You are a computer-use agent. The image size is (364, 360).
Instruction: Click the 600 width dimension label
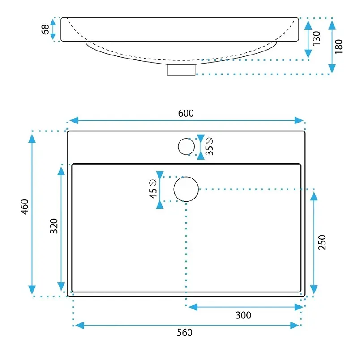click(x=186, y=113)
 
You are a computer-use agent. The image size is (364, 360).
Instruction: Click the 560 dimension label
click(x=184, y=332)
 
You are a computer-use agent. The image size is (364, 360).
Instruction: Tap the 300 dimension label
click(x=243, y=315)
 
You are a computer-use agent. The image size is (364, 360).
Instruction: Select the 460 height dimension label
click(x=24, y=207)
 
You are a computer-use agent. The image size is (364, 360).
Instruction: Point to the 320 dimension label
click(x=54, y=226)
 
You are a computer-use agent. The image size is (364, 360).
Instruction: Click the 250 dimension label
click(x=322, y=242)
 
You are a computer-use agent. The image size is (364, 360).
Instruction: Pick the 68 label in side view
click(x=45, y=30)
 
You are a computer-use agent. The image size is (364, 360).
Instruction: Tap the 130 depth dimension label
click(x=317, y=38)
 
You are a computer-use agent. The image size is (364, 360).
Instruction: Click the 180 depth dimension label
click(x=338, y=47)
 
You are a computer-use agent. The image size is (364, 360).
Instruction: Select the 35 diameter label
click(x=209, y=146)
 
